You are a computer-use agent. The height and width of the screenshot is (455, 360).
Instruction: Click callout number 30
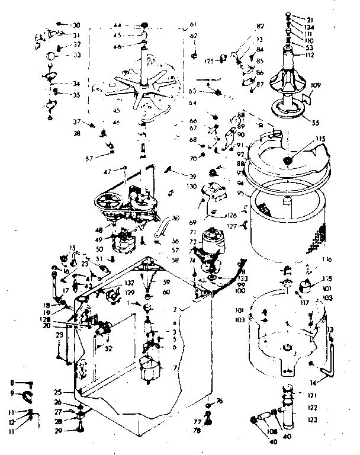76,25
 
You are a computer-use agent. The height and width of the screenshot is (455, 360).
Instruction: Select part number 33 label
76,55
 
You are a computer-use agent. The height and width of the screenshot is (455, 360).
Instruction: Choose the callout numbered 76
219,402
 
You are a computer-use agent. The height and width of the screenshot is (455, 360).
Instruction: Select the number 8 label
12,383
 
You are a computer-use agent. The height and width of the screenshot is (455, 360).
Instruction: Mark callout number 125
209,60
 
